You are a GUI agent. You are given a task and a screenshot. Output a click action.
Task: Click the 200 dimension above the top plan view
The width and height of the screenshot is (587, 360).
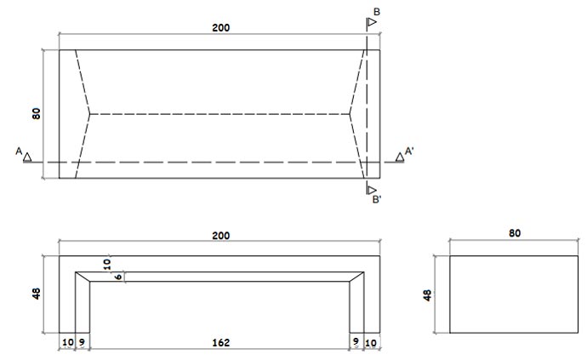(x=220, y=27)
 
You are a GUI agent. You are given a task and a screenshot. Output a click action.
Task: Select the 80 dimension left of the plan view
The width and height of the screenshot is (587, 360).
(x=37, y=113)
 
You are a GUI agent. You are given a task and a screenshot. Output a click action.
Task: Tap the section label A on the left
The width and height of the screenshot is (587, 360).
(x=18, y=151)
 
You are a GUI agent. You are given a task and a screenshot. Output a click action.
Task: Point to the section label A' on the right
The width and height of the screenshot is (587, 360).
(x=410, y=151)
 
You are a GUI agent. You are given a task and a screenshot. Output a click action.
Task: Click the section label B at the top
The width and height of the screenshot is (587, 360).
(x=376, y=11)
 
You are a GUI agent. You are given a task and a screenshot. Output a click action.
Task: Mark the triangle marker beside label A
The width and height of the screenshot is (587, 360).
(x=28, y=157)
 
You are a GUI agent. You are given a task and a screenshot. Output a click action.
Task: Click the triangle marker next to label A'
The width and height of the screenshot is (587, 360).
(x=399, y=157)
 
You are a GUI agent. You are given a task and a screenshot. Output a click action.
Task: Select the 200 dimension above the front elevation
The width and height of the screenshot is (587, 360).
(x=220, y=234)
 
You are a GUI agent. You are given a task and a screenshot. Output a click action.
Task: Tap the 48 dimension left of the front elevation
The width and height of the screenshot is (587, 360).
(x=37, y=294)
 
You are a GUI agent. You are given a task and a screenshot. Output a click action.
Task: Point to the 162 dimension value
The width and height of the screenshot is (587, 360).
(x=220, y=343)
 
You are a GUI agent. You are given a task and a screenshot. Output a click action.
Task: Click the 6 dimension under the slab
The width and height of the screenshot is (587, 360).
(x=117, y=277)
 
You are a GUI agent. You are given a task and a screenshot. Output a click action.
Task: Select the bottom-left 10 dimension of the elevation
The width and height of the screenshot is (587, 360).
(x=66, y=343)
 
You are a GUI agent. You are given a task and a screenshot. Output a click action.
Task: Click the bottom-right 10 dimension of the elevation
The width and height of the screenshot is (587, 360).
(x=371, y=343)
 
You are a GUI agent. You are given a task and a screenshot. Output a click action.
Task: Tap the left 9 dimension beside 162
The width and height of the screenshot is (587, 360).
(x=82, y=343)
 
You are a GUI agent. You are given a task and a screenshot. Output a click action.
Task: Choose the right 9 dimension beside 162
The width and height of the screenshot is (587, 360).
(x=356, y=343)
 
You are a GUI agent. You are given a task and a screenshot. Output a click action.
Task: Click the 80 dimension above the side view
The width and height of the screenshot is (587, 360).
(x=514, y=232)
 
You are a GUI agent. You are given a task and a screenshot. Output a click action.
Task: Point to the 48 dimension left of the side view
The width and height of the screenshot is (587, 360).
(x=428, y=294)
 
